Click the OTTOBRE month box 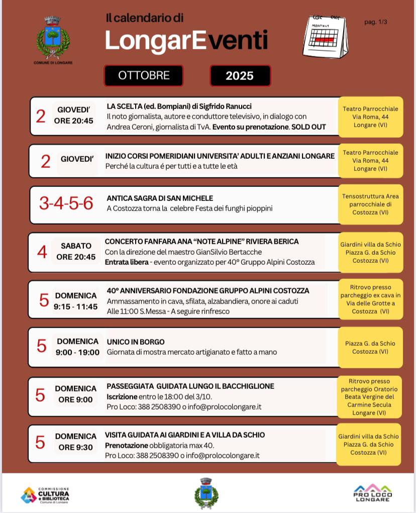(144, 76)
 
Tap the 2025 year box (240, 76)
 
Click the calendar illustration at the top (325, 37)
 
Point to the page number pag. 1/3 (376, 22)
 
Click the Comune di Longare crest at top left (53, 39)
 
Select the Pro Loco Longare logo (373, 492)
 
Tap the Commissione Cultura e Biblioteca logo (45, 495)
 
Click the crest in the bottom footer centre (206, 493)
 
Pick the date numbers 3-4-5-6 (66, 203)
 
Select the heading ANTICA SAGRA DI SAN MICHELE (160, 198)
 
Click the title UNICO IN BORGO (136, 342)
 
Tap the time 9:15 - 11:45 (76, 306)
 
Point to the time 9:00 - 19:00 (77, 352)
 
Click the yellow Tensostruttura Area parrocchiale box (370, 204)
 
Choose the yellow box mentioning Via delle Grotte (370, 299)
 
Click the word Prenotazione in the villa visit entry (126, 445)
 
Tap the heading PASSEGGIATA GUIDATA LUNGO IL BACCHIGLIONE (190, 386)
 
